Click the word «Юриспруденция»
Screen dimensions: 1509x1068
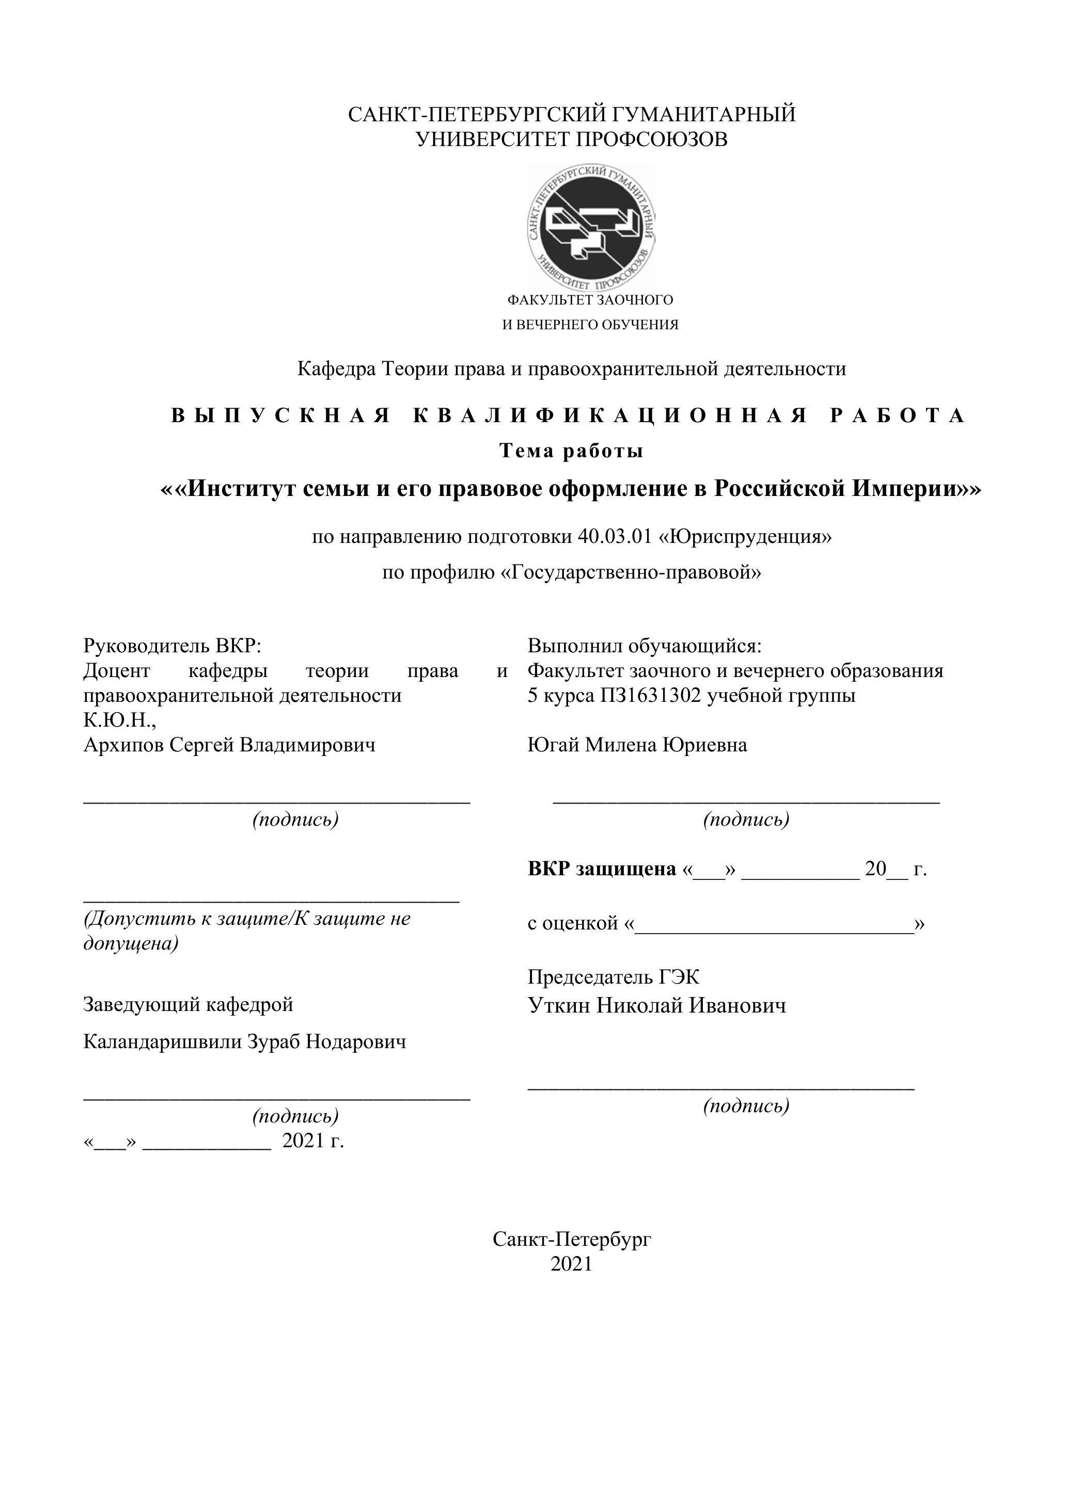click(745, 537)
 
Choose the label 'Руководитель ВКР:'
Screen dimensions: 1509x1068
click(172, 646)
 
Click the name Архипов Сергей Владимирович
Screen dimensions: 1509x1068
click(229, 745)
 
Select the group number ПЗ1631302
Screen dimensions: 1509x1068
click(650, 695)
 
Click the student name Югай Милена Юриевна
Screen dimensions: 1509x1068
click(637, 745)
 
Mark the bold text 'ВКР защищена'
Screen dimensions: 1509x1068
click(601, 869)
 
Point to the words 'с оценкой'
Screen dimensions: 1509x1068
click(572, 923)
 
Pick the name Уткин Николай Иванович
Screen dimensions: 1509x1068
click(656, 1005)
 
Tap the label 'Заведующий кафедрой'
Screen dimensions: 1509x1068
click(188, 1004)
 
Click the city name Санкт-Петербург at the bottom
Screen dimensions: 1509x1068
click(572, 1240)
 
